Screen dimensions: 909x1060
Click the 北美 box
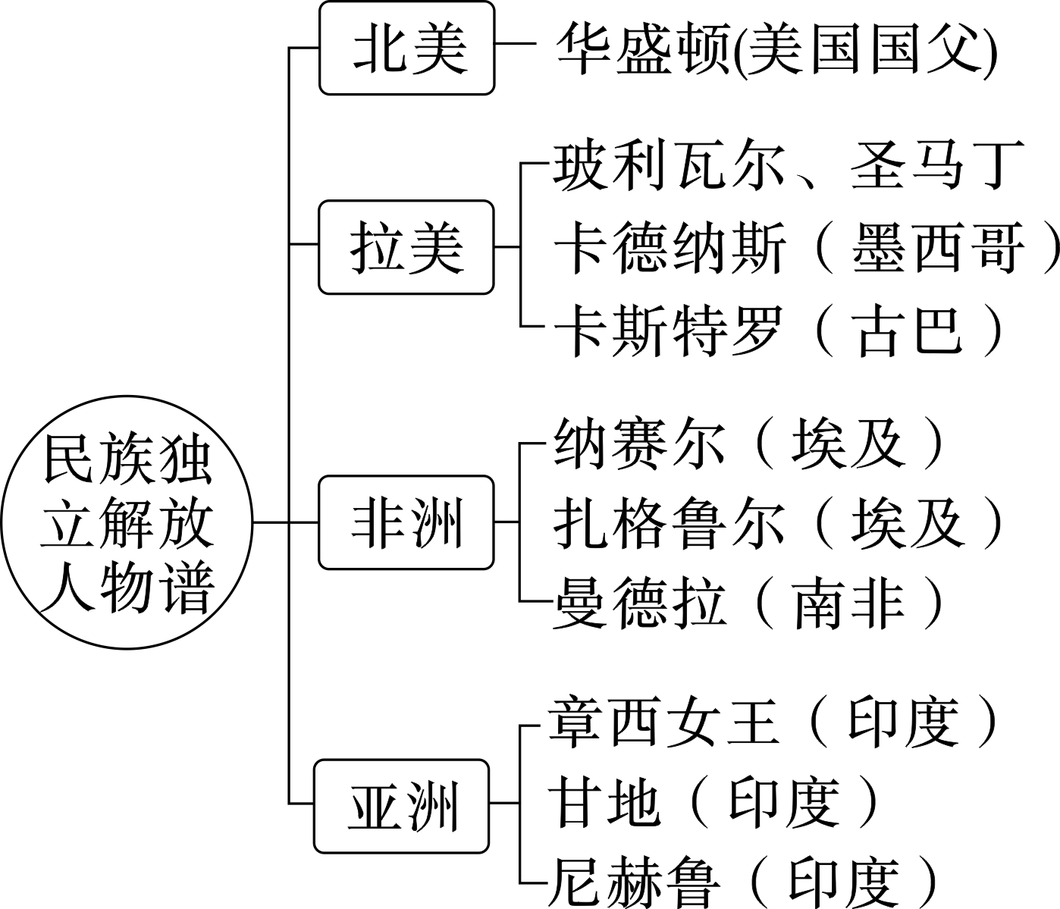click(x=406, y=49)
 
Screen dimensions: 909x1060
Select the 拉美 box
click(x=406, y=246)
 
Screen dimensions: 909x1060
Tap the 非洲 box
click(x=406, y=522)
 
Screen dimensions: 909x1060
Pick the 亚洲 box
click(x=402, y=804)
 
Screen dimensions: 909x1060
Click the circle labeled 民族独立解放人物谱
click(x=127, y=522)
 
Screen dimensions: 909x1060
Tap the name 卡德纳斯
click(x=667, y=248)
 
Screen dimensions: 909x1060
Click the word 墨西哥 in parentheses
click(x=938, y=248)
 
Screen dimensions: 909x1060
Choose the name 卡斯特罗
click(x=667, y=331)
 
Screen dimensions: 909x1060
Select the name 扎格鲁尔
click(x=667, y=523)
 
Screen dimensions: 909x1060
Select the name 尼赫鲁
click(x=634, y=882)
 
